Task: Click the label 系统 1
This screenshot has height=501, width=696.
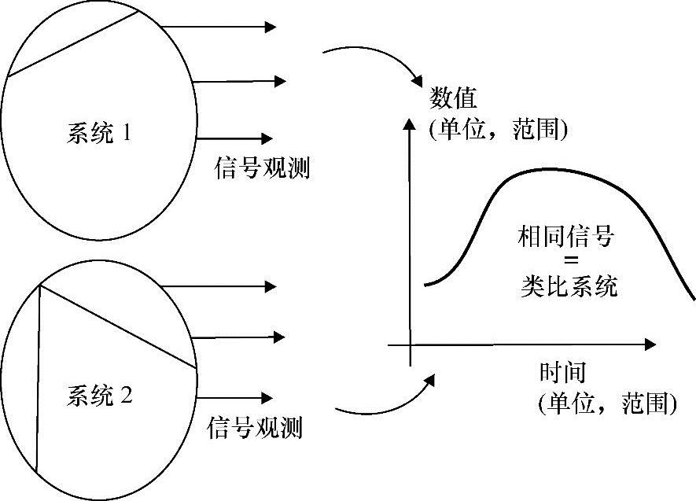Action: [98, 134]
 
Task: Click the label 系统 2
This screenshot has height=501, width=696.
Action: [99, 396]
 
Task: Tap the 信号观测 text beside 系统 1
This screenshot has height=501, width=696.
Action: [262, 167]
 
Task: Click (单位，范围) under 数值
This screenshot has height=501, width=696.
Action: [499, 128]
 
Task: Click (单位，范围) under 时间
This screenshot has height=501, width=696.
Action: [608, 403]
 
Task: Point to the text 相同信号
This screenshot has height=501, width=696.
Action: [564, 236]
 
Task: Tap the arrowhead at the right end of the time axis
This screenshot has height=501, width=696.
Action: [649, 344]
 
